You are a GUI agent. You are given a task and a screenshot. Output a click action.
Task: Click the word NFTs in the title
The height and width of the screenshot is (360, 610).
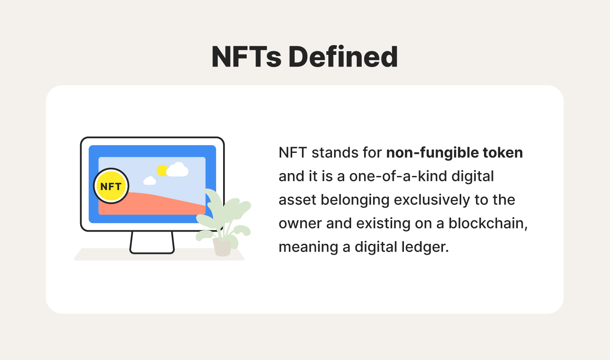246,56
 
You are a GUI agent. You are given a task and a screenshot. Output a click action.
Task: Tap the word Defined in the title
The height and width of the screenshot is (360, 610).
343,56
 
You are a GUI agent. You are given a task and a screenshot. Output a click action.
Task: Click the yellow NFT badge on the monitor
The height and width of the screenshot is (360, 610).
111,186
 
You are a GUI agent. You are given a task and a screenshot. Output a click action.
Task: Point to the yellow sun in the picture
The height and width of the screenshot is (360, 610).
162,171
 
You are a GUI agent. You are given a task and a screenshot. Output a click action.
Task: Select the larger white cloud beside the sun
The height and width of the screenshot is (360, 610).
178,170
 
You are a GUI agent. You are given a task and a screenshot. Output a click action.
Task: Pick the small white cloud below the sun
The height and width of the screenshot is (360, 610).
150,181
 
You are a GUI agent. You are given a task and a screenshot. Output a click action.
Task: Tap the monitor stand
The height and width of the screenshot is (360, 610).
152,242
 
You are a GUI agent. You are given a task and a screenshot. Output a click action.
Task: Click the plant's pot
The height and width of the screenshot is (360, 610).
222,247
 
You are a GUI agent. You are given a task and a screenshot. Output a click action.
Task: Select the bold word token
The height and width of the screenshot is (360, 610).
503,152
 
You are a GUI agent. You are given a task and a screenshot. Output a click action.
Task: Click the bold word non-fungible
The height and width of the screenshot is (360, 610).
432,153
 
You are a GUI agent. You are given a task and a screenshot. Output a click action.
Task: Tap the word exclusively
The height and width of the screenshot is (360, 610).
432,200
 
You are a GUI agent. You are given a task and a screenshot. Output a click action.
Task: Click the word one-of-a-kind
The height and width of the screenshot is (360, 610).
398,176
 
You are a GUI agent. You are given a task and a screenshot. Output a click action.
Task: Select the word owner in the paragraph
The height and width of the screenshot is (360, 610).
300,224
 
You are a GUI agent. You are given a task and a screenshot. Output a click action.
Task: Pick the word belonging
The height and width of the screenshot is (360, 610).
355,200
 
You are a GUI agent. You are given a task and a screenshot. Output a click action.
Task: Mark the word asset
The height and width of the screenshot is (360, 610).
297,200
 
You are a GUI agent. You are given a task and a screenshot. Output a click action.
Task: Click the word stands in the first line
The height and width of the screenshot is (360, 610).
335,153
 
